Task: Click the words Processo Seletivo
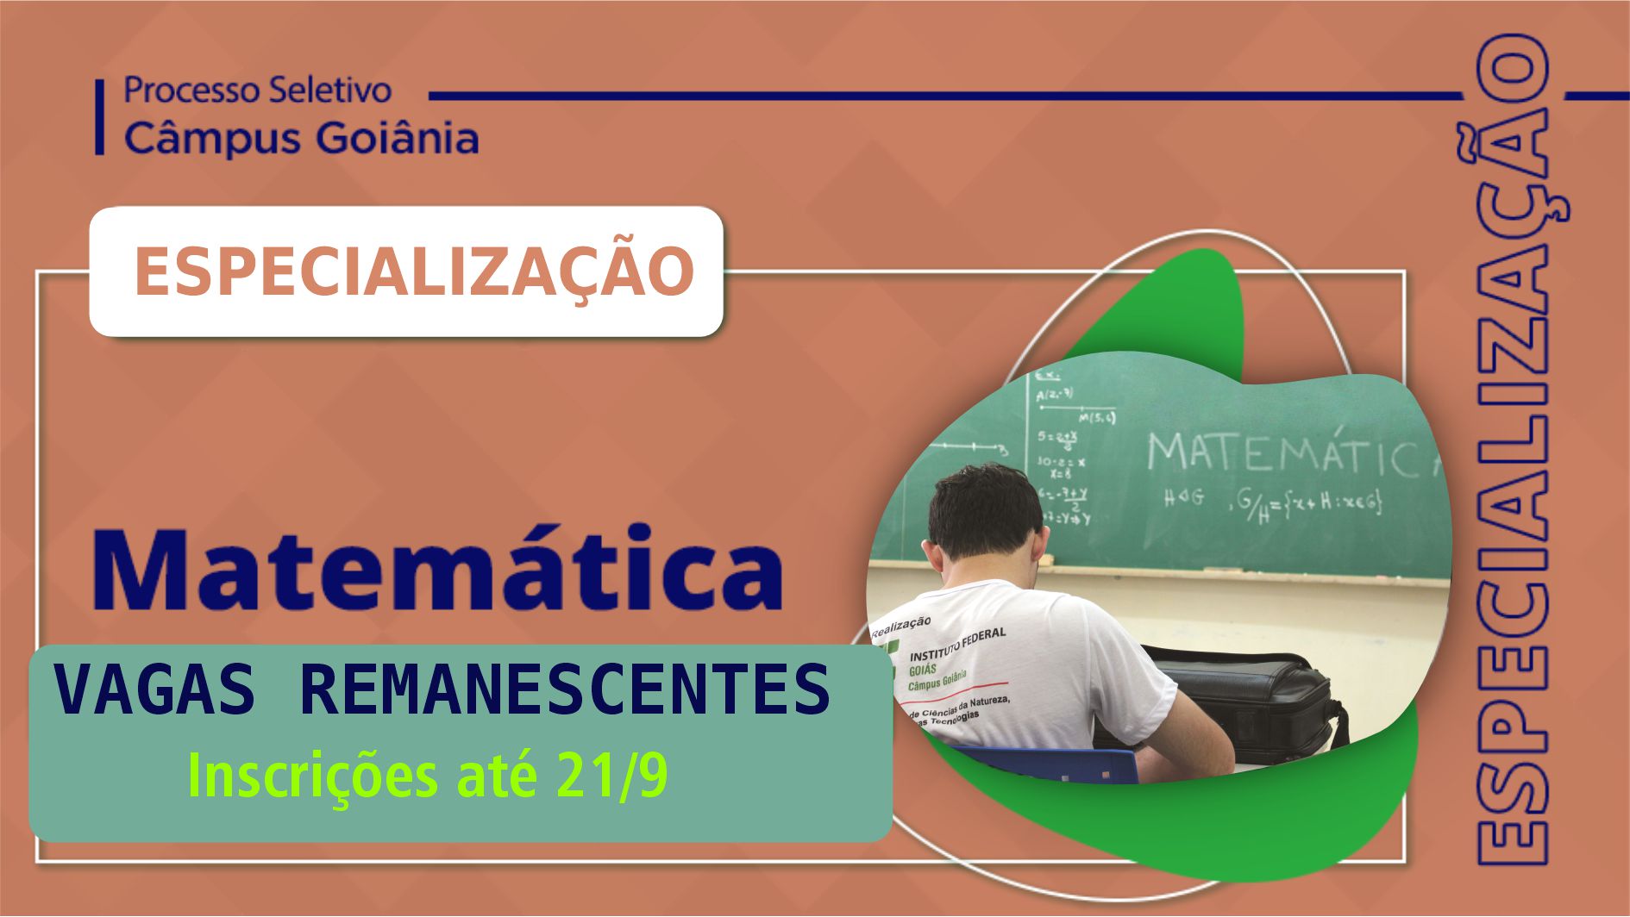[x=257, y=90]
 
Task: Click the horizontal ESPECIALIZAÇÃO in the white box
[x=414, y=271]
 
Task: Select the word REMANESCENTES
[x=565, y=690]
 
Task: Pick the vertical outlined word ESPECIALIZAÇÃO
[x=1511, y=448]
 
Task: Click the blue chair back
[x=1052, y=763]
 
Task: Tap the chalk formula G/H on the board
[x=1251, y=504]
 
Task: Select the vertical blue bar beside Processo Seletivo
[x=100, y=117]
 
